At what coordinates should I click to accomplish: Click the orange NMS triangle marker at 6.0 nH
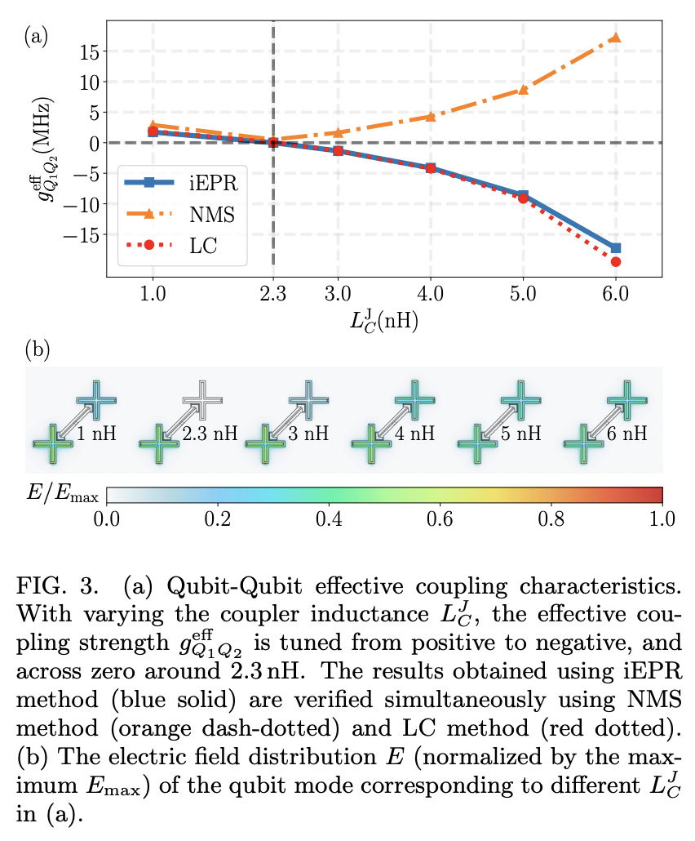615,38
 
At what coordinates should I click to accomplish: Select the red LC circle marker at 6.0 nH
616,261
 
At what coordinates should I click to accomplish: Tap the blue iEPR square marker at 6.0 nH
616,247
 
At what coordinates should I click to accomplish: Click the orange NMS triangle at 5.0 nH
523,90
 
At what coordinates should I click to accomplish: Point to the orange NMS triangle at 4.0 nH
431,116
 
